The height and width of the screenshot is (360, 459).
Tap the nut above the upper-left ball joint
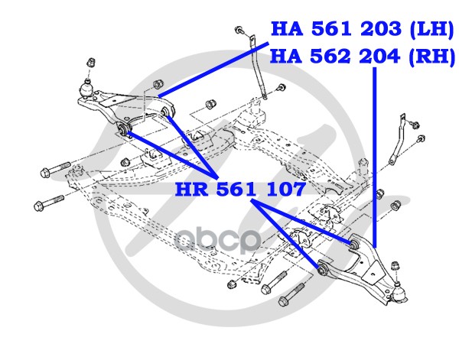[x=90, y=62]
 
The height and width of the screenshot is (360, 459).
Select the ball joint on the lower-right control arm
[x=399, y=291]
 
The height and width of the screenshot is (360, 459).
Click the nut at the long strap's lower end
[x=265, y=96]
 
